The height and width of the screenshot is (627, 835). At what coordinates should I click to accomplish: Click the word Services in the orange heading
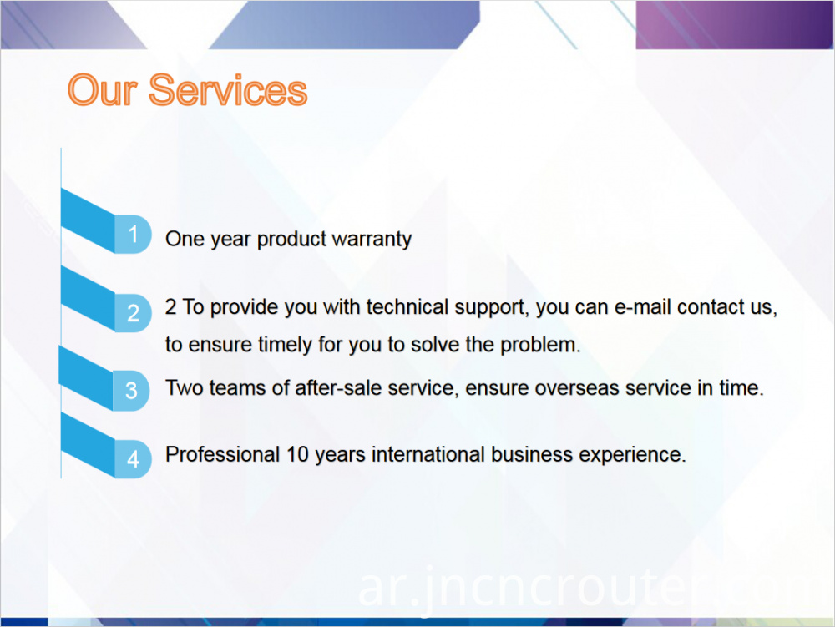[x=228, y=90]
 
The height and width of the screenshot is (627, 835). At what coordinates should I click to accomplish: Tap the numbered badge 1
[x=133, y=235]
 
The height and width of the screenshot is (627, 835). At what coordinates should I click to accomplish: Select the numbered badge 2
[x=133, y=313]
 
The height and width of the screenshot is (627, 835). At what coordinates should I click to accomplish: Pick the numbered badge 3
[x=132, y=391]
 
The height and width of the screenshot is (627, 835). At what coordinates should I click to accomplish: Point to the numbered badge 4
[x=133, y=459]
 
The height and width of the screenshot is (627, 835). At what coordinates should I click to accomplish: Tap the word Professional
[x=223, y=454]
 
